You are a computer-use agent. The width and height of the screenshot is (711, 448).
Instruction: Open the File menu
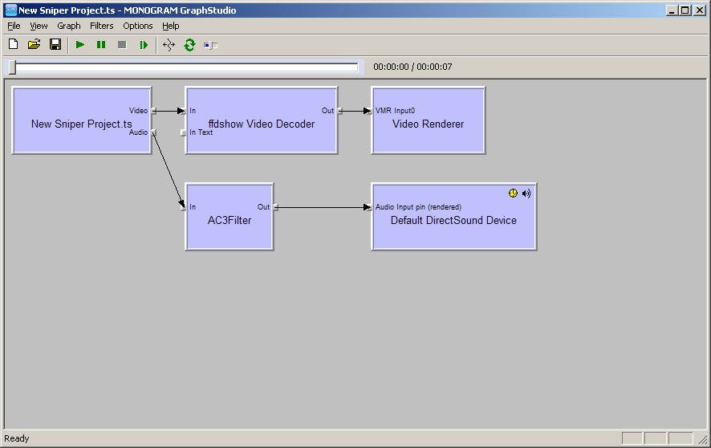pos(14,26)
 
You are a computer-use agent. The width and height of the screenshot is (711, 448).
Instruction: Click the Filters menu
pos(102,26)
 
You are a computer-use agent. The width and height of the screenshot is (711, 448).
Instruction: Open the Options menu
pos(137,26)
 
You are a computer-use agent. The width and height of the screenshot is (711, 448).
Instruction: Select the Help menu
pos(170,26)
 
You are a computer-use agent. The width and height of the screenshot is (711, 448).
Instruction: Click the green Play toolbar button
pos(80,45)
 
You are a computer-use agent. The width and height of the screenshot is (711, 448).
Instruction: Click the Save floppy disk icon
pos(55,45)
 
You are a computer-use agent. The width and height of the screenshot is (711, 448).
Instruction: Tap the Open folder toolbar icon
pos(34,45)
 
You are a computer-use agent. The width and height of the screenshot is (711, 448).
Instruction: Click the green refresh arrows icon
pos(189,45)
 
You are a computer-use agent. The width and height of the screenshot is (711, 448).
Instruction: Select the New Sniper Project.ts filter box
pos(81,124)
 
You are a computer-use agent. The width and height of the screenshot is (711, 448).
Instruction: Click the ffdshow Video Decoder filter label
pos(261,124)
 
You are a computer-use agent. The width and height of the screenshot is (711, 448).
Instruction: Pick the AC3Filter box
pos(230,220)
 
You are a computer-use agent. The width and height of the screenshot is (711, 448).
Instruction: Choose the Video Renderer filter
pos(428,124)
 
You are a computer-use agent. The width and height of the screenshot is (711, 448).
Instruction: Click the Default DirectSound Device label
pos(453,220)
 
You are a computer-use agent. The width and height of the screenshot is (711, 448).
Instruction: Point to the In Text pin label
pos(201,132)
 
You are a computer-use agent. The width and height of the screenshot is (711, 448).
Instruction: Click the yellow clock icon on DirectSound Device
pos(514,193)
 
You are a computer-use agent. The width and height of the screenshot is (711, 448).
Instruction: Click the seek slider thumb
pos(12,67)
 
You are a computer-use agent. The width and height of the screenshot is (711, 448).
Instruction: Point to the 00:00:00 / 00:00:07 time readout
pos(412,67)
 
